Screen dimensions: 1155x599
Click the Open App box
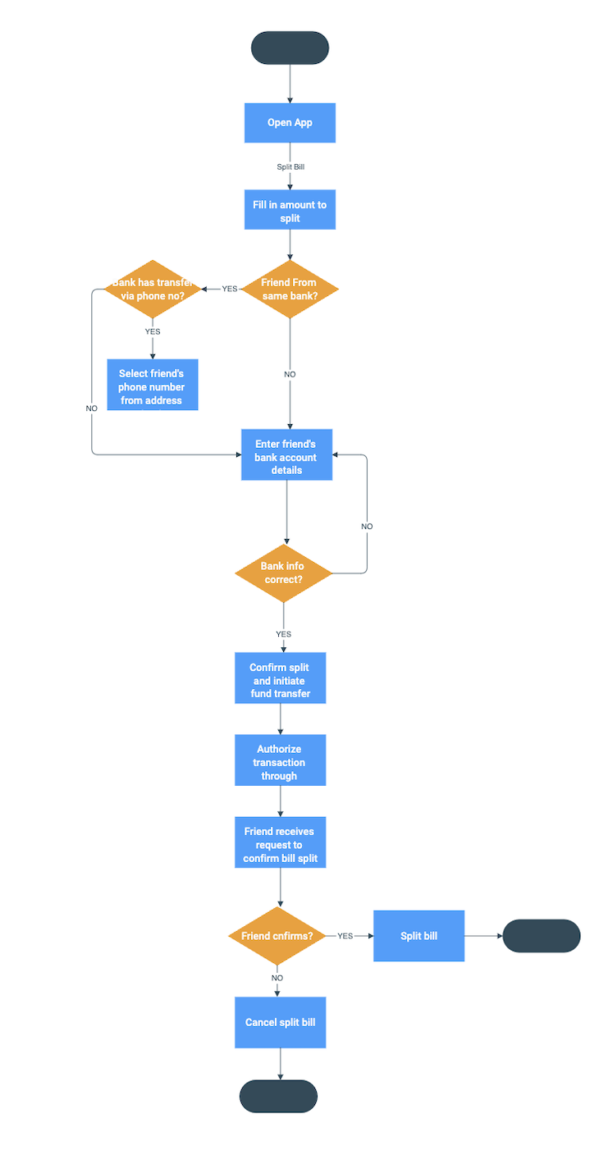[290, 123]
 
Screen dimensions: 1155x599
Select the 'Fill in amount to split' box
[290, 211]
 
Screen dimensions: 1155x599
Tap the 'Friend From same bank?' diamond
[290, 289]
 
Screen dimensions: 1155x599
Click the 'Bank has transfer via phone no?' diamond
[153, 289]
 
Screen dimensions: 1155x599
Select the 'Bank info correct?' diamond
[284, 573]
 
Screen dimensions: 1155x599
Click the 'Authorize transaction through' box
[281, 761]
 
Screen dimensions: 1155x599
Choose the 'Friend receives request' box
[281, 845]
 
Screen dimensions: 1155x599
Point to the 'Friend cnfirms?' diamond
[277, 936]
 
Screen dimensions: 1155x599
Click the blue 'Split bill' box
[418, 936]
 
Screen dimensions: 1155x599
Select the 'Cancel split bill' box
[281, 1022]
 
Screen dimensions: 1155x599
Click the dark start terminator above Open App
[290, 48]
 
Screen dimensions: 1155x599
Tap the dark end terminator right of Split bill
[541, 936]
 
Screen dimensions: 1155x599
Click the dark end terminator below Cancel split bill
[278, 1096]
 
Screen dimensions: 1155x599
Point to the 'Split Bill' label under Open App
[290, 167]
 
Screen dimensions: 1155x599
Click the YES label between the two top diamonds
[230, 289]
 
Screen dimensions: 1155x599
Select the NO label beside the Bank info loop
[367, 526]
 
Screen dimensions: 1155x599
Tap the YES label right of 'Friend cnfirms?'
[345, 936]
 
